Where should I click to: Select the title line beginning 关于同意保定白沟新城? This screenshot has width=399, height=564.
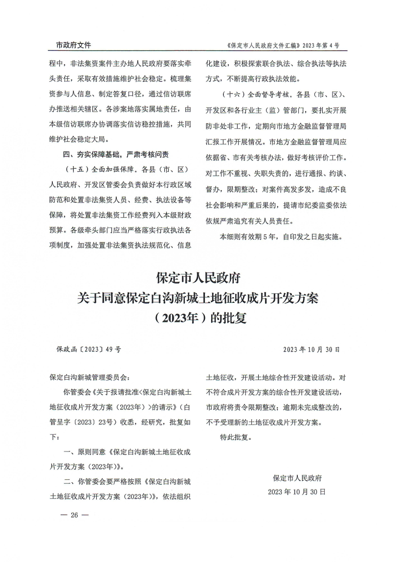coord(199,298)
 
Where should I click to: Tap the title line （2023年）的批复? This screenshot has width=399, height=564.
coord(199,318)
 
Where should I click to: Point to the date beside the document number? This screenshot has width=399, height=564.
coord(311,350)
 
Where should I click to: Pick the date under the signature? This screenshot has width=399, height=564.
coord(297,491)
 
